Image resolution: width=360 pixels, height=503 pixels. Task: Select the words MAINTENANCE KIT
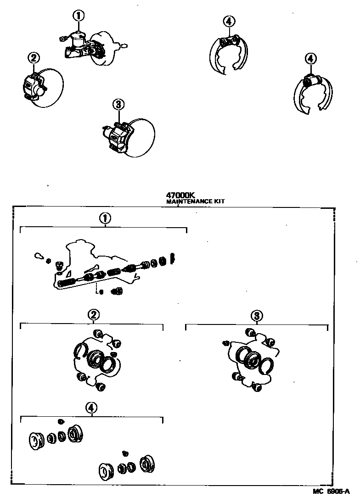coord(195,201)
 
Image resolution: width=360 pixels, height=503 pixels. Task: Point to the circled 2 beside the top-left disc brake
coord(34,58)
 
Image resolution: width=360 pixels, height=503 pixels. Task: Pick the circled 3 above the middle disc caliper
coord(118,104)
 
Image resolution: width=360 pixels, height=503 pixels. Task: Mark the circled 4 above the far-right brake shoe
coord(310,58)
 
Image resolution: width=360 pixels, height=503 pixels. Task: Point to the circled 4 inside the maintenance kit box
coord(91,407)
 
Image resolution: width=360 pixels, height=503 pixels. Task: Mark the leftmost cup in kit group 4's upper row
coord(35,441)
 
